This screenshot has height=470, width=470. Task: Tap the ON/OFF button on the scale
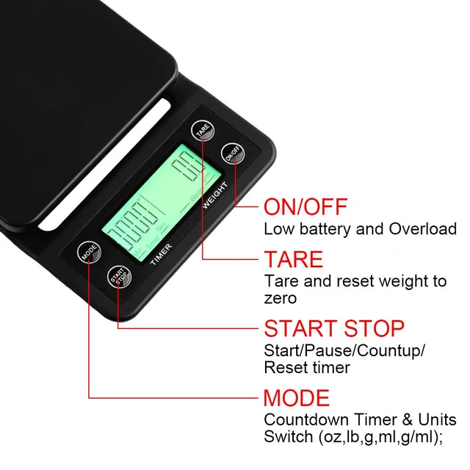[x=231, y=154]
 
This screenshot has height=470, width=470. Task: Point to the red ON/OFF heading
[x=305, y=206]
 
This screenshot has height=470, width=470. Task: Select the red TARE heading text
[x=293, y=259]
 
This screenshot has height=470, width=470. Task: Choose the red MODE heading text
[x=297, y=399]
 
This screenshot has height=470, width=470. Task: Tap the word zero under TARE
[x=281, y=298]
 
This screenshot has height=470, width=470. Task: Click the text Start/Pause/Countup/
[x=344, y=350]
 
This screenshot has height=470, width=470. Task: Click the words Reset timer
[x=306, y=367]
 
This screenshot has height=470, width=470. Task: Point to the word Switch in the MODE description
[x=287, y=438]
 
